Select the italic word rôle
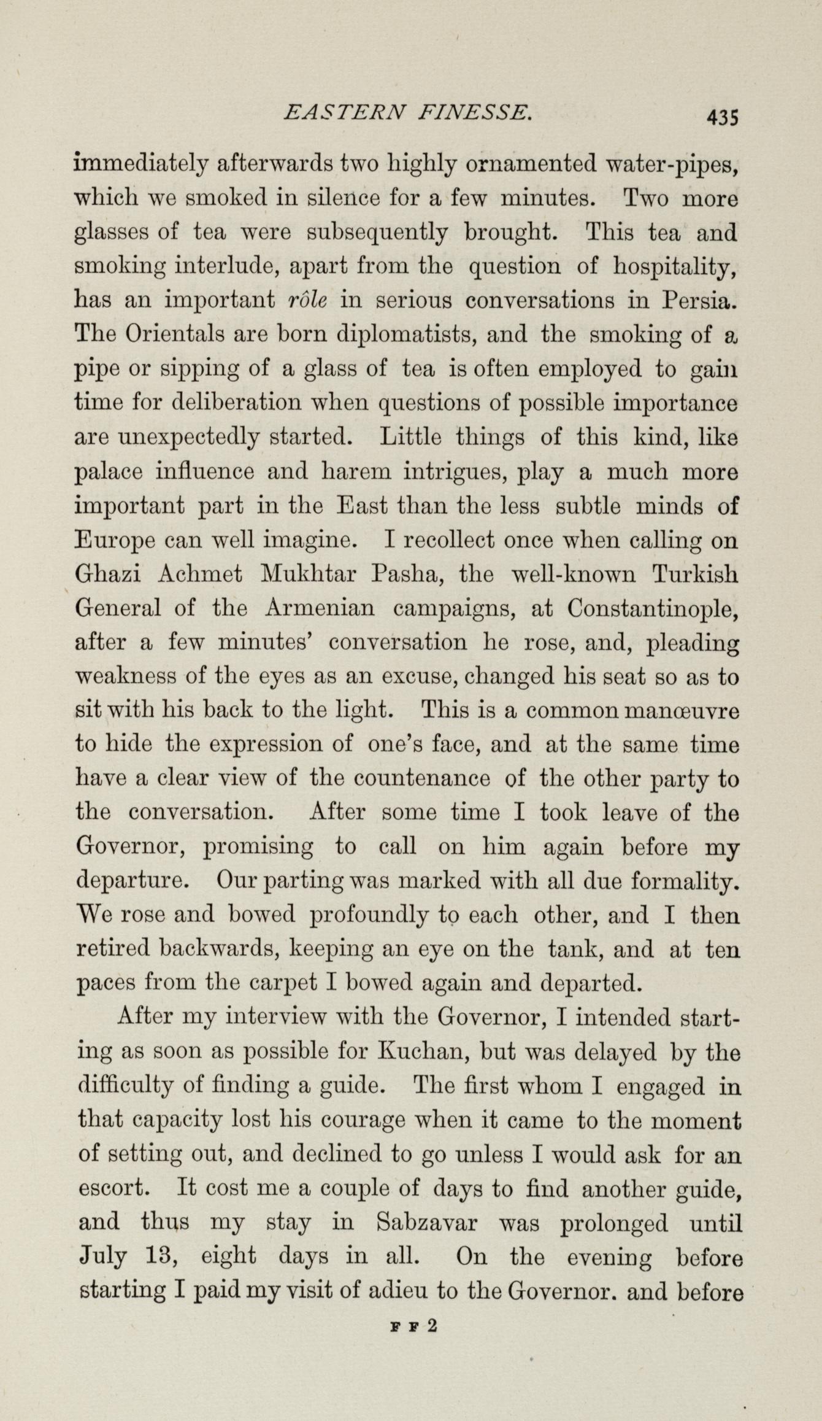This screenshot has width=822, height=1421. click(x=307, y=301)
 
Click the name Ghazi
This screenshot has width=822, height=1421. click(x=108, y=575)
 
